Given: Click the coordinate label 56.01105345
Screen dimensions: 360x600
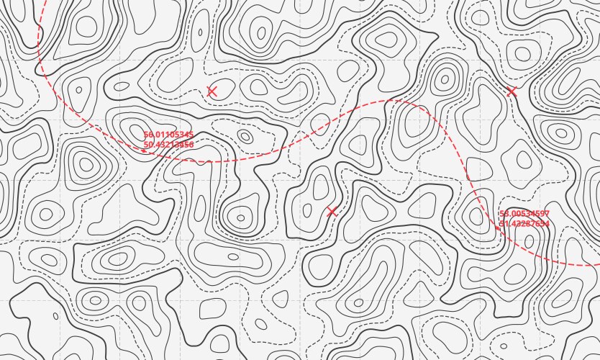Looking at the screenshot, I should tap(168, 135).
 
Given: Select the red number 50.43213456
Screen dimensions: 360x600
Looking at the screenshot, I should tap(168, 144).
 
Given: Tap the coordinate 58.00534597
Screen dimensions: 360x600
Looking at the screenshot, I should tap(524, 214).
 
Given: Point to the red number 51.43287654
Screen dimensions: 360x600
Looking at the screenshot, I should tap(524, 224).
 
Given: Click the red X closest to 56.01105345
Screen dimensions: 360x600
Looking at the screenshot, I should tap(212, 91).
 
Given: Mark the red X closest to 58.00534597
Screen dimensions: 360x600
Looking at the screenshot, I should tap(512, 91).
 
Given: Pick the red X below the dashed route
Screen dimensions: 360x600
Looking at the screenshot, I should tap(332, 212).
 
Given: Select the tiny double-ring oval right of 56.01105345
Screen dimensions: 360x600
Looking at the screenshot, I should tap(245, 136).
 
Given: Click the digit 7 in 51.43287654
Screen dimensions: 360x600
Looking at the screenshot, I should tap(531, 224).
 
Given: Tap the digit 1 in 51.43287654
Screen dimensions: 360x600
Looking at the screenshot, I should tap(506, 224).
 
